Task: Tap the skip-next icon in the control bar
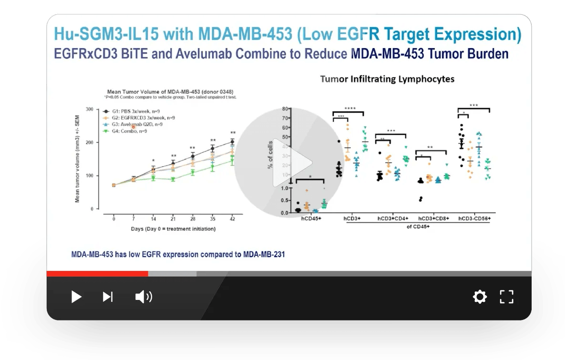click(108, 297)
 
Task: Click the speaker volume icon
click(144, 297)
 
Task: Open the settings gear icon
click(480, 297)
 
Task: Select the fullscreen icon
click(506, 297)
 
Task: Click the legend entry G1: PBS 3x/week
click(138, 111)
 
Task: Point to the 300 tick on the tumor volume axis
click(89, 109)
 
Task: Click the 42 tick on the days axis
click(232, 219)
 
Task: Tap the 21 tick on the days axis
click(173, 219)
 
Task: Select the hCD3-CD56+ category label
click(474, 218)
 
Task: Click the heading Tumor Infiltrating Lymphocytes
click(387, 79)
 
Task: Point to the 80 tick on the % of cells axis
click(285, 109)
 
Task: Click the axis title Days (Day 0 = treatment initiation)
click(173, 229)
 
